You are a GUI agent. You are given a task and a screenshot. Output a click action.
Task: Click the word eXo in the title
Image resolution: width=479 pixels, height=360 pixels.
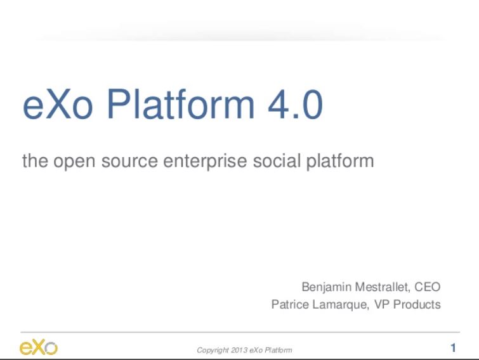pos(58,105)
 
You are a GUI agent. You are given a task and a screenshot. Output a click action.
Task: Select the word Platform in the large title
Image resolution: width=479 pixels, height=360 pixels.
pos(181,104)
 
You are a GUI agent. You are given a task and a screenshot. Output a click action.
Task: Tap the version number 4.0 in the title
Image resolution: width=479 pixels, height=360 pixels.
pos(296,105)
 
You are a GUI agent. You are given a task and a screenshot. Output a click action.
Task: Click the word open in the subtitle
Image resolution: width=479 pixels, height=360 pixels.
pos(74,162)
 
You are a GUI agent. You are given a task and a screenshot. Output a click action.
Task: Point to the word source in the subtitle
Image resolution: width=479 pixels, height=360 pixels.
pos(129,162)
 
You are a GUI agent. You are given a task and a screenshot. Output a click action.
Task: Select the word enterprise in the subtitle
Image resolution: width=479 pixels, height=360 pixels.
pos(205,162)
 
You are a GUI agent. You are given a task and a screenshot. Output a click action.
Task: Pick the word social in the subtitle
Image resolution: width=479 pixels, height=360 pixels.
pos(277,160)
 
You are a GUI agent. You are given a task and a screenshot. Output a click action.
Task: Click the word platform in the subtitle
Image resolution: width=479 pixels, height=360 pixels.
pos(340,161)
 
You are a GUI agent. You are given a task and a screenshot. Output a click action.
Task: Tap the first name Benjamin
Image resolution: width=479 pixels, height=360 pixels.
pos(327,287)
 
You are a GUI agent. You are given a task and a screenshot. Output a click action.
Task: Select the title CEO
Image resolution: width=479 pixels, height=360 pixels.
pos(428,286)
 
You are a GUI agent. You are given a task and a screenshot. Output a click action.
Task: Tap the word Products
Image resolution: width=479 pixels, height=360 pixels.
pos(417,304)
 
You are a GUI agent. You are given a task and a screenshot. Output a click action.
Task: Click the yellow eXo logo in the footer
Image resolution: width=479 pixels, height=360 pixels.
pos(39,347)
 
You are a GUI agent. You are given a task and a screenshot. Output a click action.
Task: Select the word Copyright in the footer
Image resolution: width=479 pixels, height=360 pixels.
pos(213,350)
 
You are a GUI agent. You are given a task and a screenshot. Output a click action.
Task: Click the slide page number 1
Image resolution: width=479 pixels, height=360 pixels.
pos(454,348)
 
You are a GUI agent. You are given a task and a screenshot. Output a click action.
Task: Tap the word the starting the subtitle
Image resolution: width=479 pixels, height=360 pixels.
pos(35,161)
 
